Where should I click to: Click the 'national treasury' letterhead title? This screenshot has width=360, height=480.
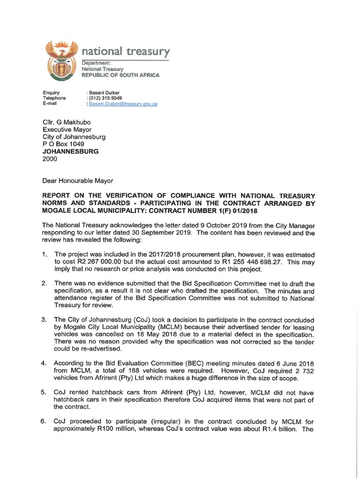(126, 51)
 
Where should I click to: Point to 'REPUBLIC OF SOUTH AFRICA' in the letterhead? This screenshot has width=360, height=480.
(121, 75)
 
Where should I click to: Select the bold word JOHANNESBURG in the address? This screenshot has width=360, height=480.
(71, 152)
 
